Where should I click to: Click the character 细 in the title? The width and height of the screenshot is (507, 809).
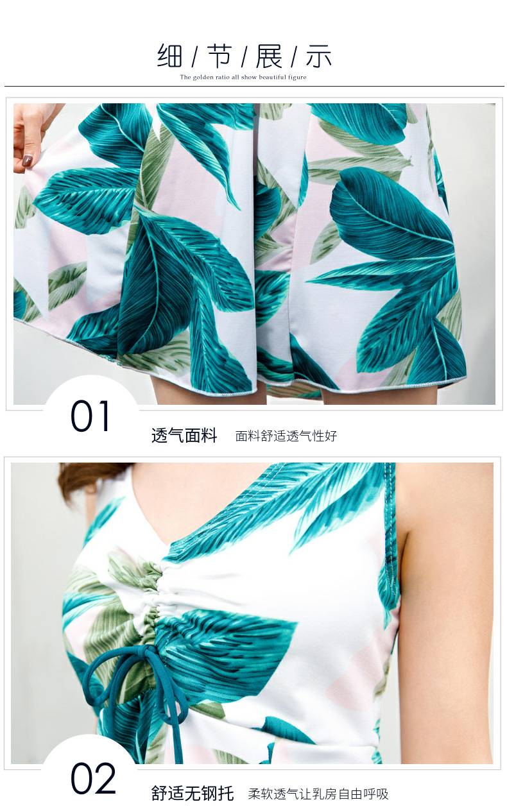tap(169, 56)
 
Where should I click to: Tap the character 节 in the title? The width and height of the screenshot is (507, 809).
tap(219, 56)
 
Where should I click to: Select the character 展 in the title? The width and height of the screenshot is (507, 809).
tap(269, 56)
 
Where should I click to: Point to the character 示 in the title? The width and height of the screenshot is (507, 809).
tap(318, 56)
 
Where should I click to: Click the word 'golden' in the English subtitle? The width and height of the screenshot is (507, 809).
tap(204, 77)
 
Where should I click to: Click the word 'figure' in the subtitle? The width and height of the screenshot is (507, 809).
tap(296, 77)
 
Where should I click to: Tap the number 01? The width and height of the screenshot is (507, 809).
tap(90, 416)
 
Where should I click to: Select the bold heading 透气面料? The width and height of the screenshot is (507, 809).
tap(184, 435)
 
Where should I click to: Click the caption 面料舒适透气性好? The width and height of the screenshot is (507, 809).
tap(286, 436)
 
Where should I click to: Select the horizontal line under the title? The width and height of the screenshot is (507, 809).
tap(254, 87)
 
